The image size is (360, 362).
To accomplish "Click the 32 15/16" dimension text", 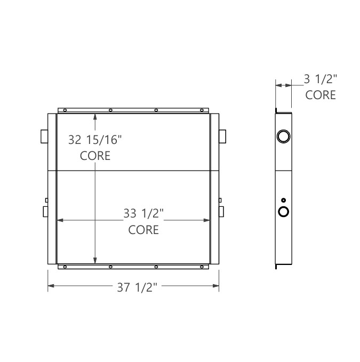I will point(95,140).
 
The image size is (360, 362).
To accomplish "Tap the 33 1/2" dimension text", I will point(143,214).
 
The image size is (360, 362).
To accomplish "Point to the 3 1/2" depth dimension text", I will point(321,79).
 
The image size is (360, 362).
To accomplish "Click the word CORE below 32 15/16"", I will point(95,156).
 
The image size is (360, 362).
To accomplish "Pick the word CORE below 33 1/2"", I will point(143,230).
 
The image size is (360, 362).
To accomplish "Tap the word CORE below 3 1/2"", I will point(321,95).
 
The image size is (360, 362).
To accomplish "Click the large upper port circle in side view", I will point(283,138).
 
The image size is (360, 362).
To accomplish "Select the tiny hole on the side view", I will point(283,200).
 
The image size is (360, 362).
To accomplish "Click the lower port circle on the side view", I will point(283,212).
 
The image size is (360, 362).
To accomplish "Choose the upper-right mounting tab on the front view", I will point(222,135).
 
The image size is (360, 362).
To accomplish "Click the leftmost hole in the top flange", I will point(65,111).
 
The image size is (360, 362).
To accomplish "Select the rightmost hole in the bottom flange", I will point(202,266).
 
